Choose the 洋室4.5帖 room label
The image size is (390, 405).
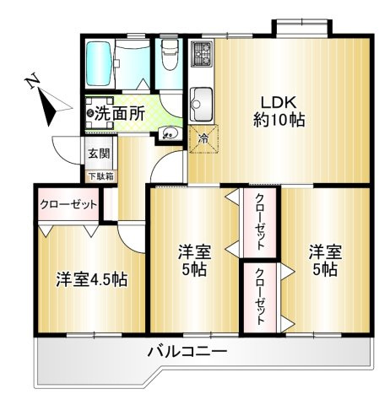[x=90, y=279]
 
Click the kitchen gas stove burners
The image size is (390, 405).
[x=203, y=56]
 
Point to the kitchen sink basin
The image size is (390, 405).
[x=203, y=102]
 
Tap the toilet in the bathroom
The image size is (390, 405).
[x=169, y=55]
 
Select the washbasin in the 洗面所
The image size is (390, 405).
[x=168, y=132]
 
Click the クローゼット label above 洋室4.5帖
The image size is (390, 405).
[x=68, y=204]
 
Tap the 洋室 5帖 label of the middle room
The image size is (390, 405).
[x=192, y=261]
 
